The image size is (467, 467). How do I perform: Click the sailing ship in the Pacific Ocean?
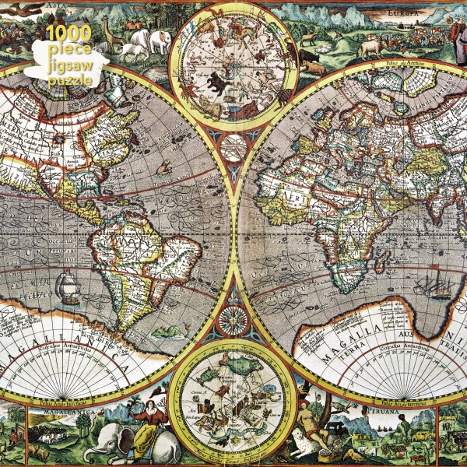68,286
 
